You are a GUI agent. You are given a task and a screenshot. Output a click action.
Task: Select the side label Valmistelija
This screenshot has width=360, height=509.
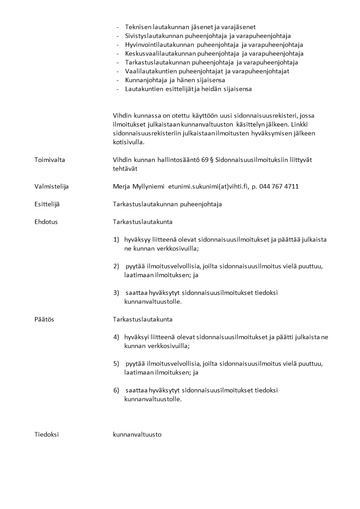point(51,186)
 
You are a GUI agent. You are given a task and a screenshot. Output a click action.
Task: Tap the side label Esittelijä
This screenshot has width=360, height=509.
point(47,204)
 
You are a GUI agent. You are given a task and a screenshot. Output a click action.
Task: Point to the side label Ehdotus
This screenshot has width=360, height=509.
point(46,222)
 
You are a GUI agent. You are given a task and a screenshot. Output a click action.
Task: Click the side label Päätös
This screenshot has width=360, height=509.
point(44,319)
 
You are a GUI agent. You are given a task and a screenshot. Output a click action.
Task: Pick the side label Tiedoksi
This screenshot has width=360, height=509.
point(46,434)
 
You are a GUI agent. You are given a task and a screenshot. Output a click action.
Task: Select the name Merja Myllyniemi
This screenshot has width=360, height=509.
point(139,186)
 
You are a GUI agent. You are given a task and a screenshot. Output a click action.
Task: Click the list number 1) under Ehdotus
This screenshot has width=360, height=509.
point(116,240)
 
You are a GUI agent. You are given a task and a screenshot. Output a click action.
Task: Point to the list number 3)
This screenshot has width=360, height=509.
point(116,293)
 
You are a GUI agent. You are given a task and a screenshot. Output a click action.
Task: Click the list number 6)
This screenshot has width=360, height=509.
point(116,390)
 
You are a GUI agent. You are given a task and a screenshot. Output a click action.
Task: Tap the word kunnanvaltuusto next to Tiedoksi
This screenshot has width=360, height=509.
point(137,434)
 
